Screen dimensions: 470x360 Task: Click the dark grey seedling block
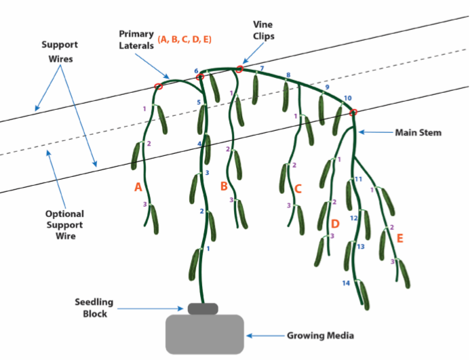coord(203,308)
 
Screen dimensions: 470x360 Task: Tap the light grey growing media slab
coord(205,334)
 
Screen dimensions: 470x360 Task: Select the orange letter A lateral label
coord(138,187)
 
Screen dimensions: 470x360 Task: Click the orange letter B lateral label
coord(224,186)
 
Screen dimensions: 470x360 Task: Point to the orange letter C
coord(298,189)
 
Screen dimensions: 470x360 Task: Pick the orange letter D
coord(335,224)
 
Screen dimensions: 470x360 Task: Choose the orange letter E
coord(400,238)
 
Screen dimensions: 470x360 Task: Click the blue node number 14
coord(346,283)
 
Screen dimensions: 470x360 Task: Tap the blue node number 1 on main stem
coord(208,249)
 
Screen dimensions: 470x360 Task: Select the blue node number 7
coord(262,68)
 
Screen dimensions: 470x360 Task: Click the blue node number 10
coord(348,98)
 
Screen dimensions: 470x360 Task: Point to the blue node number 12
coord(354,218)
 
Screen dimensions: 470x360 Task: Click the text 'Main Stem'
coord(418,132)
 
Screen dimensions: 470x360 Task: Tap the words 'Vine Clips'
coord(263,31)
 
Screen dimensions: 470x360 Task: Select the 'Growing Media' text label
coord(320,336)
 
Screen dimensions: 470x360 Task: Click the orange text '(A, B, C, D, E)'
coord(184,39)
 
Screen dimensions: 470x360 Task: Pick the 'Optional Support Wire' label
coord(64,225)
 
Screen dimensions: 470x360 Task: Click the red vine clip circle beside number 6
coord(200,77)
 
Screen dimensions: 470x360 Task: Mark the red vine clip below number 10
coord(354,113)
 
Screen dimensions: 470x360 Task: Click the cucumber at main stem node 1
coord(194,264)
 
